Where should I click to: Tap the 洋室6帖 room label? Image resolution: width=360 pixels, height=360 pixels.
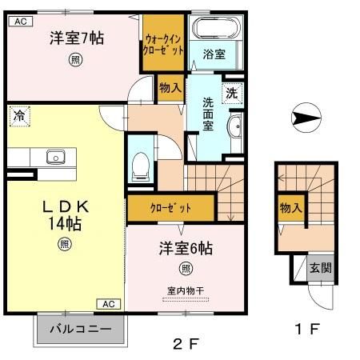pyautogui.click(x=185, y=248)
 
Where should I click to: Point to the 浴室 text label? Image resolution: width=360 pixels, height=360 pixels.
pyautogui.click(x=213, y=54)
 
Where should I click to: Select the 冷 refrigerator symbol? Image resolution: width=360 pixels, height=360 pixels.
pyautogui.click(x=18, y=117)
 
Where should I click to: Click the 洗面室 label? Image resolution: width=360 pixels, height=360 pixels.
pyautogui.click(x=207, y=113)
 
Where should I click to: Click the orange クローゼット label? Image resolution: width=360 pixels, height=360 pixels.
pyautogui.click(x=170, y=208)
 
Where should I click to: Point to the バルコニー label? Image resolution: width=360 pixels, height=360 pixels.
pyautogui.click(x=81, y=329)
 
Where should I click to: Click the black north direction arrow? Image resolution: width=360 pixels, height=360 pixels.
pyautogui.click(x=306, y=119)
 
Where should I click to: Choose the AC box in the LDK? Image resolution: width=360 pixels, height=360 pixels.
pyautogui.click(x=110, y=304)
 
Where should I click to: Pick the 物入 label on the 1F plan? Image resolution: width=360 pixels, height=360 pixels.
pyautogui.click(x=290, y=208)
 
